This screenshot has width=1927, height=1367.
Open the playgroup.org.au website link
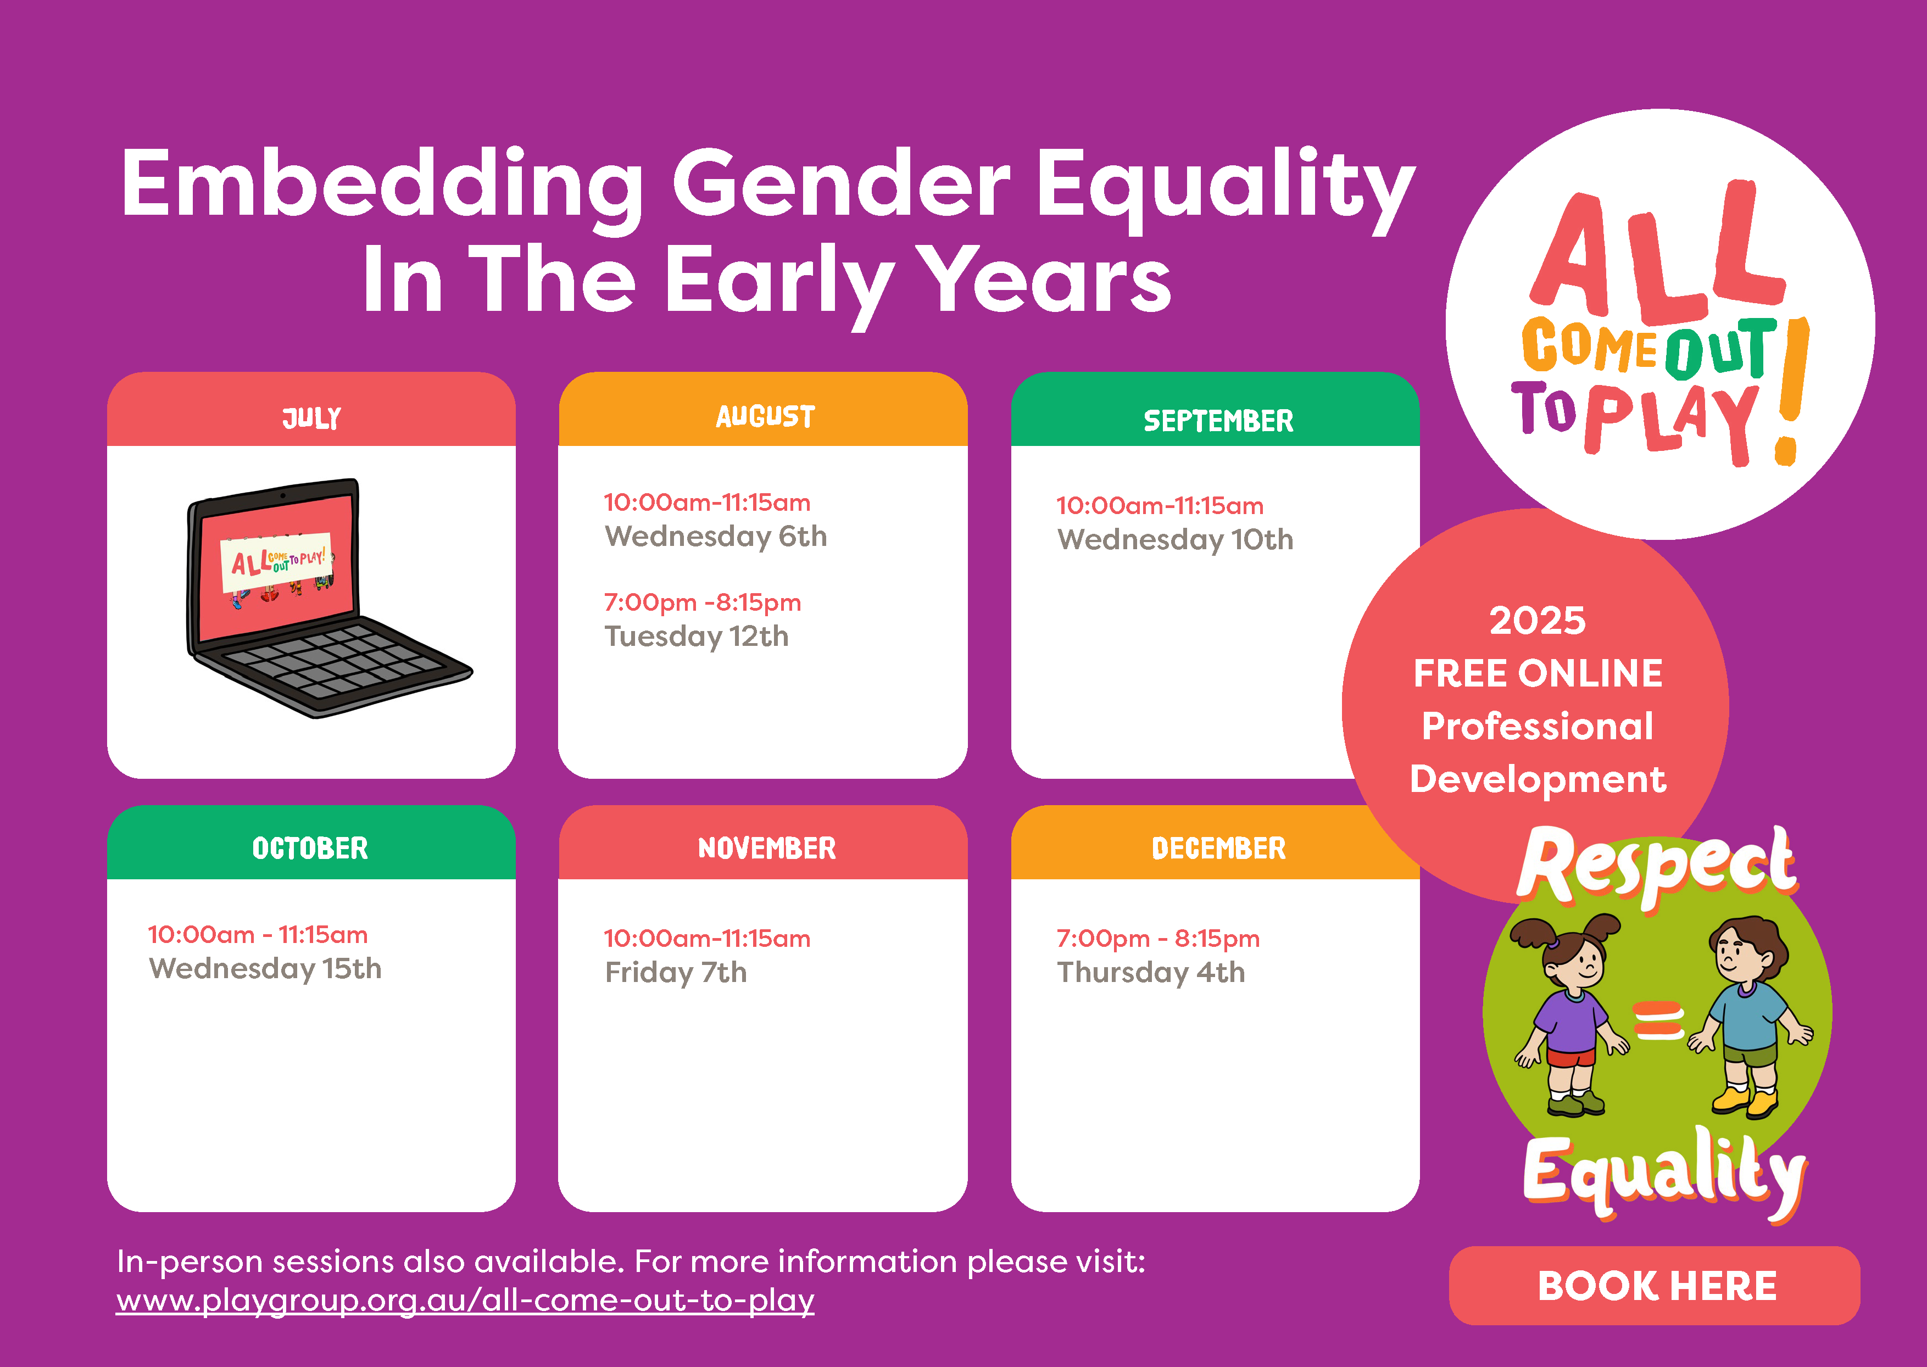[465, 1301]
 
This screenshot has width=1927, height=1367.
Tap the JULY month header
[311, 417]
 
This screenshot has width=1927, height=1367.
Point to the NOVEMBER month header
[766, 847]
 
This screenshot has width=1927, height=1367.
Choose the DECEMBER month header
[1218, 847]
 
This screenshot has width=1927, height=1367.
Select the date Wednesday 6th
[716, 536]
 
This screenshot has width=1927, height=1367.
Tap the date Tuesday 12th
[696, 637]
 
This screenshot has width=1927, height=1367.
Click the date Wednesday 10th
[1174, 539]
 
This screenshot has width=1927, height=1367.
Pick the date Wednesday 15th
[265, 969]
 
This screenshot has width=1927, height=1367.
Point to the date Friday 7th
[675, 972]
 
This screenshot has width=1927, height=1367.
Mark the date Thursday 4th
[1151, 972]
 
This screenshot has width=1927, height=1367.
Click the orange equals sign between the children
[1658, 1020]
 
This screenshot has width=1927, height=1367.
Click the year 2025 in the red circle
[1537, 621]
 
